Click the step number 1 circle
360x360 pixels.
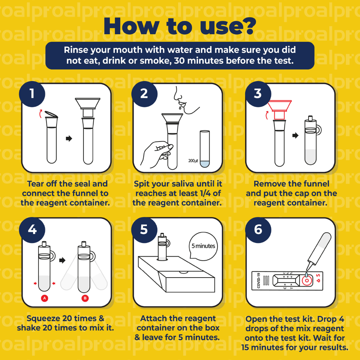32,94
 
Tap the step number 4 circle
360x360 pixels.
32,230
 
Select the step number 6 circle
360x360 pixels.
258,230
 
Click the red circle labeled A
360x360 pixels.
45,298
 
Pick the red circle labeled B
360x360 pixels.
85,298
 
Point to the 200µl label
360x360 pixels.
193,161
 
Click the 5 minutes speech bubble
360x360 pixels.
203,246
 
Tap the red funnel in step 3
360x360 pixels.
279,110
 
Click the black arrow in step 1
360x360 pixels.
69,139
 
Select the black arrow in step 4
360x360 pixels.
62,260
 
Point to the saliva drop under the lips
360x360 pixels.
180,106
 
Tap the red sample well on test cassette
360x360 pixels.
306,280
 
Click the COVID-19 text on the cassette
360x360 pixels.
258,280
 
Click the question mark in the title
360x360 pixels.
248,26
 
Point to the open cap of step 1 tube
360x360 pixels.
51,114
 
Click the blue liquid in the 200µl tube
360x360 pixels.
204,164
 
